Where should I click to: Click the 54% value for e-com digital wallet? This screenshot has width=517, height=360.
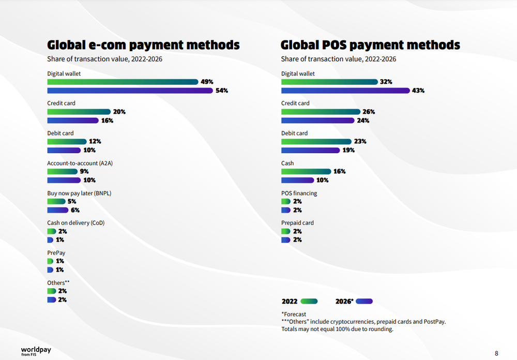point(222,91)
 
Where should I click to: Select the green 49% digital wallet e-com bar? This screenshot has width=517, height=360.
point(123,82)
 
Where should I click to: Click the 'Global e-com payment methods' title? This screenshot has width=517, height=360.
point(143,45)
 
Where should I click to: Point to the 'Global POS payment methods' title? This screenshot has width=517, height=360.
point(370,45)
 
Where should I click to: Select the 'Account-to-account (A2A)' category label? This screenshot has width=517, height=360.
point(80,163)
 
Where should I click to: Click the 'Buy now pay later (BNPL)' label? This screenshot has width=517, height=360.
point(79,193)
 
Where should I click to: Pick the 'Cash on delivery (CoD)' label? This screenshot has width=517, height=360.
point(76,223)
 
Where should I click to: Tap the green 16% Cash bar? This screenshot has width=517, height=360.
point(306,172)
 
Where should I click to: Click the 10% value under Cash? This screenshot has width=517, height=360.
point(323,181)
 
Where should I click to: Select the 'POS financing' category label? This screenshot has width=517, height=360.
point(299,193)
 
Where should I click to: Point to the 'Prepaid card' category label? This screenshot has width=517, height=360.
point(297,223)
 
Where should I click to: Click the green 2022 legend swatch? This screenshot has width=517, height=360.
point(309,301)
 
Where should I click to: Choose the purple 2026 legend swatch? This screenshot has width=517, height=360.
point(364,301)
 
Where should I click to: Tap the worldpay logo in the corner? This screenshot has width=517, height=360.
point(36,351)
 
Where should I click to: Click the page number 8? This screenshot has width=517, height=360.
point(496,353)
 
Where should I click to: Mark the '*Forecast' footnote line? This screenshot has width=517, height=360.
point(294,314)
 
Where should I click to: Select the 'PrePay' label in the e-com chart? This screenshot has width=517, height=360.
point(56,253)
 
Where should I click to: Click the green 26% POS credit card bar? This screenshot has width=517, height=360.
point(321,112)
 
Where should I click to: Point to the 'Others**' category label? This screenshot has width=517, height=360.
point(58,283)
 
